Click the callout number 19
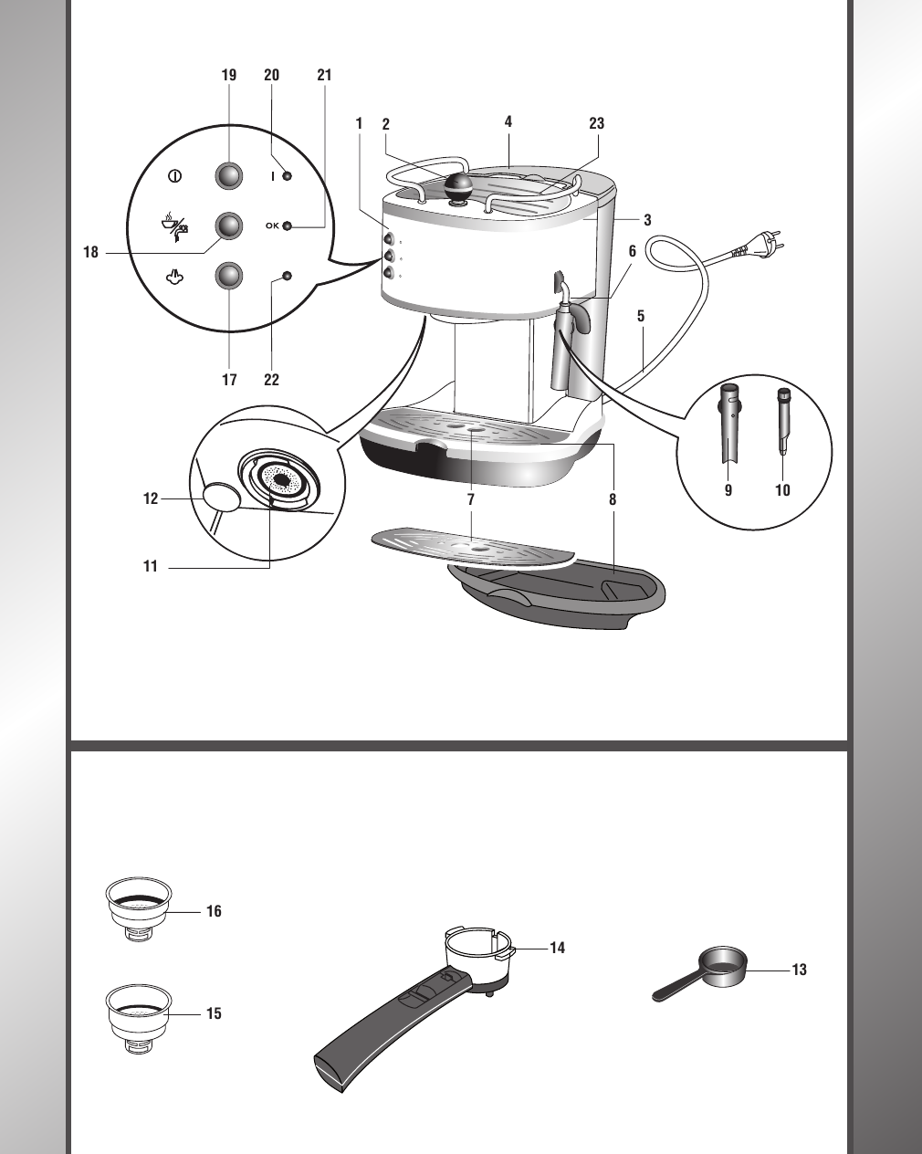coord(229,76)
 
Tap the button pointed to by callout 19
coord(229,175)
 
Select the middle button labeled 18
coord(229,225)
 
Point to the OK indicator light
coord(288,226)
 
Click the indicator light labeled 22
coord(288,275)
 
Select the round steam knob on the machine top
coord(458,186)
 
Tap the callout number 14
coord(557,948)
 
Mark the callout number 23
coord(596,123)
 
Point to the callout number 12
coord(151,498)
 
